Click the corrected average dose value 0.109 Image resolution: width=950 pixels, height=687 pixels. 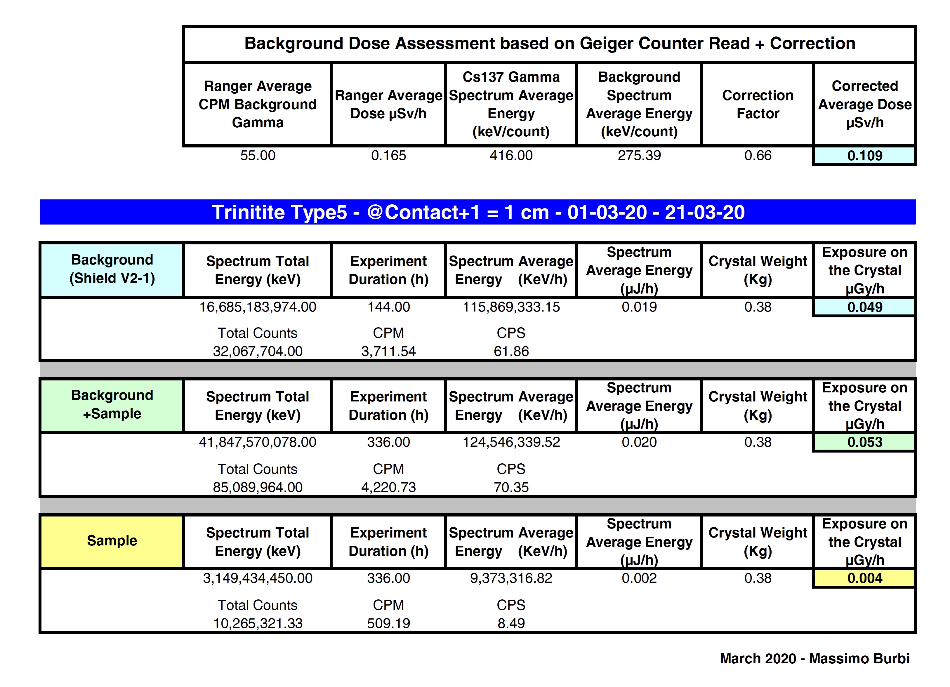[x=864, y=156]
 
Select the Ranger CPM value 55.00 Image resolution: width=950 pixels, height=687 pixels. [x=258, y=156]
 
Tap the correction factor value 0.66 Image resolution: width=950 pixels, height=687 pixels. [x=757, y=156]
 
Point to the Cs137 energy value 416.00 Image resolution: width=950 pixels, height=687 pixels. [x=511, y=156]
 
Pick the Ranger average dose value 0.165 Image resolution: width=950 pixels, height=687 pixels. [x=388, y=156]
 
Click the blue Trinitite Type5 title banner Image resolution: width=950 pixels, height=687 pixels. [x=477, y=212]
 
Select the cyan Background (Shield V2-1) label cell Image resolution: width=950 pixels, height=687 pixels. [x=112, y=269]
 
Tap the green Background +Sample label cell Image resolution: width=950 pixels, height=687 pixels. [x=112, y=404]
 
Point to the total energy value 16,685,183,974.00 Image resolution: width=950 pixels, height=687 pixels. [x=258, y=307]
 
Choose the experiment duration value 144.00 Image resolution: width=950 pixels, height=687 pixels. [x=388, y=307]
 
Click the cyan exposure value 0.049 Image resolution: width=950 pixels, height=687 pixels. [x=864, y=307]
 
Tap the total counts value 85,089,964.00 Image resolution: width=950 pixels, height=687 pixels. [x=258, y=487]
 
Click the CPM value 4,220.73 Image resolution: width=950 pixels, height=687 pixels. [x=388, y=487]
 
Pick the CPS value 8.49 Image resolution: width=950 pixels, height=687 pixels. [x=511, y=623]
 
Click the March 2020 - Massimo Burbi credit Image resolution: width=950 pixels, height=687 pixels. [x=814, y=658]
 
